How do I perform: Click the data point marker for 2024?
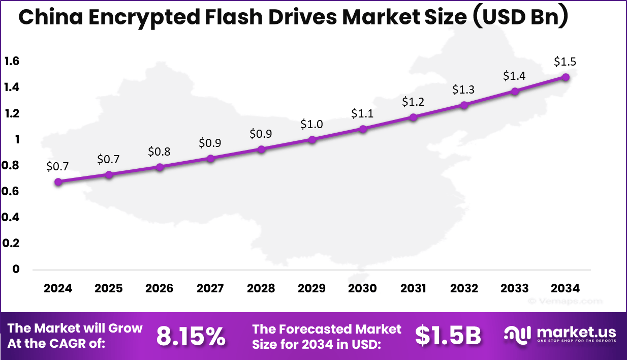point(58,182)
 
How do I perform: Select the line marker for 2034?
point(566,77)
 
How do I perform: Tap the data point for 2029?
point(312,139)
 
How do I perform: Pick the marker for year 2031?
point(414,117)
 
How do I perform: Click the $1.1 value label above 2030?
point(362,113)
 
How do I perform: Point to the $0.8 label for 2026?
point(159,152)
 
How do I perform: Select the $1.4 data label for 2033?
point(514,76)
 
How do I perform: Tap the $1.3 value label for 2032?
point(463,89)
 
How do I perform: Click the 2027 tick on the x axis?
point(210,288)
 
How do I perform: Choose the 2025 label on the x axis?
point(108,288)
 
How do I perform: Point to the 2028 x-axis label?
point(261,288)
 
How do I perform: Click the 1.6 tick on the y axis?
point(12,62)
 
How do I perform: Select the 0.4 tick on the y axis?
point(12,217)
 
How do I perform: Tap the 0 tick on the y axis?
point(16,269)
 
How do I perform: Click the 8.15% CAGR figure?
point(191,336)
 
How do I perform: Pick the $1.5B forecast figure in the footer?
point(448,336)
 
